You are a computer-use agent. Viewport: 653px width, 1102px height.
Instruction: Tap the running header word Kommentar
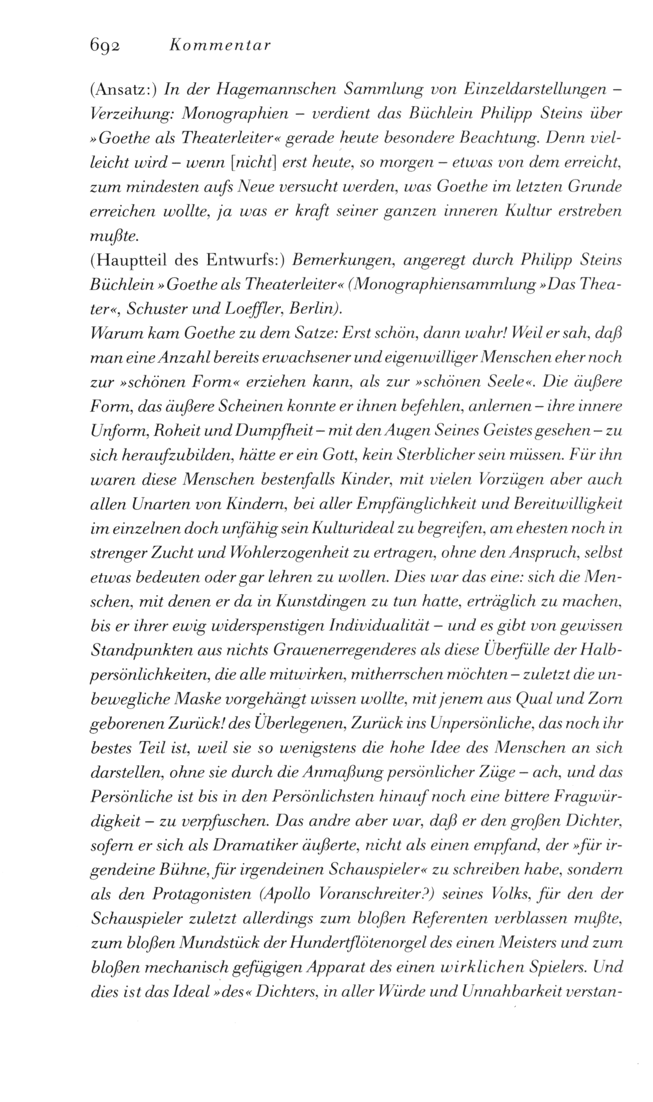[219, 46]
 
